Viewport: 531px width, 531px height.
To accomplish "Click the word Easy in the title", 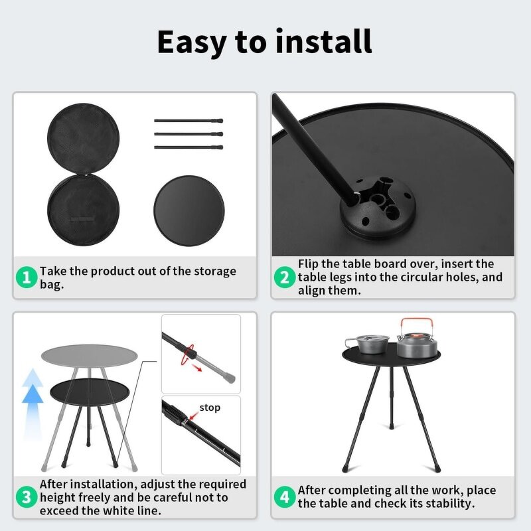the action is (192, 42).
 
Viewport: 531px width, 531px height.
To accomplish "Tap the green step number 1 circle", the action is (27, 277).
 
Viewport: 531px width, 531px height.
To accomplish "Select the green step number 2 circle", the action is (285, 277).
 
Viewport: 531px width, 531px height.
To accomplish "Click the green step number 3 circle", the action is (27, 497).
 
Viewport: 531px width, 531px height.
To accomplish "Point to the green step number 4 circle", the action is (285, 497).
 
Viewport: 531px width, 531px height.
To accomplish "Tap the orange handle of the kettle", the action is (417, 325).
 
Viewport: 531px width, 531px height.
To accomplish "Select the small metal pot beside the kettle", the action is (368, 344).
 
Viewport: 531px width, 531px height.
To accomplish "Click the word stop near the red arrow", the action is (210, 408).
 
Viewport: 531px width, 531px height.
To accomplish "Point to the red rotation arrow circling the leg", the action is (187, 354).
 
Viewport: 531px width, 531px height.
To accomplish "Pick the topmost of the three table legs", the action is (189, 120).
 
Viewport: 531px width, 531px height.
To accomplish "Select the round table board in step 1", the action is (189, 210).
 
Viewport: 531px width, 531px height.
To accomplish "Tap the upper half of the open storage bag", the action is (84, 139).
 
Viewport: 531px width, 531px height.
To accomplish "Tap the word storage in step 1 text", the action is (215, 272).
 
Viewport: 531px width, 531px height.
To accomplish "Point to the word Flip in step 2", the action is (308, 264).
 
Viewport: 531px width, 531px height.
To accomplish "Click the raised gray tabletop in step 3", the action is (90, 356).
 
